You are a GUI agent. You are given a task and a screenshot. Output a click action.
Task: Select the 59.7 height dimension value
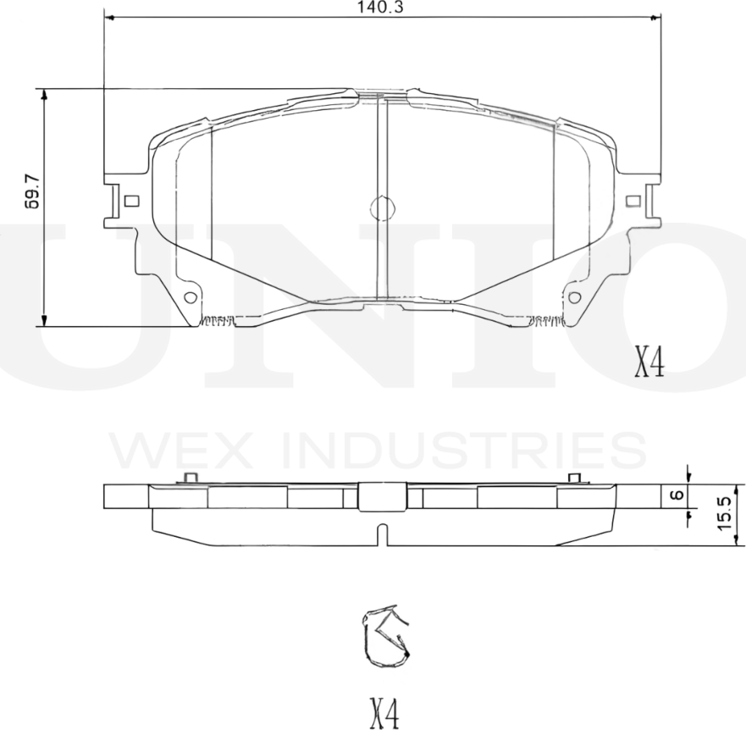(x=32, y=196)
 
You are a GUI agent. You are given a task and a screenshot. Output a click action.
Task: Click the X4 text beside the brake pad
(x=649, y=362)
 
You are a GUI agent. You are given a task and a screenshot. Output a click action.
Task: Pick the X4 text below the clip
(x=383, y=713)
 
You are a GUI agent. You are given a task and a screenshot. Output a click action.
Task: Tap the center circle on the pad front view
(x=383, y=207)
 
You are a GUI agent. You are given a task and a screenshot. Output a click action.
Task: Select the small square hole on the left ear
(x=130, y=201)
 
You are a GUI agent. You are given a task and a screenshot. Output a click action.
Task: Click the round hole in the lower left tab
(x=190, y=297)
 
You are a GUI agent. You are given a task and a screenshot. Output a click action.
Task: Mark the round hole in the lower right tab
(x=575, y=297)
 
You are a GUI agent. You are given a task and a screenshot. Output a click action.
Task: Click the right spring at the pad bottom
(x=544, y=321)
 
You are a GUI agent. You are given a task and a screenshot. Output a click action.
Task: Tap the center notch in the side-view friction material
(x=383, y=535)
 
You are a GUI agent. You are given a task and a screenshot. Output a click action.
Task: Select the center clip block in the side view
(x=383, y=496)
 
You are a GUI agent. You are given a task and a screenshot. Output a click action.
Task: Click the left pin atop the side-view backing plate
(x=191, y=478)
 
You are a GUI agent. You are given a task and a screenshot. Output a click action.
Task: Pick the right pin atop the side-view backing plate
(x=574, y=478)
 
